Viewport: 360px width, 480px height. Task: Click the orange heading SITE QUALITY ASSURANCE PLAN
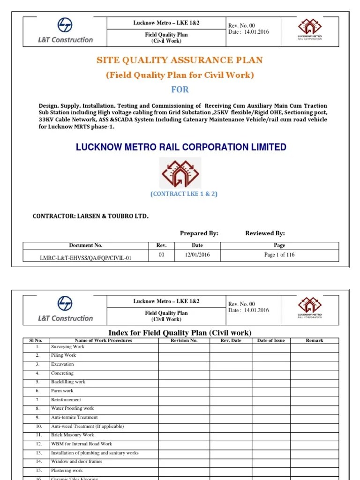pos(180,60)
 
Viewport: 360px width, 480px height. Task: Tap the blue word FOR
pos(180,90)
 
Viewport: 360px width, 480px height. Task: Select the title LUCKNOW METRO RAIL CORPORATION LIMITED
pos(181,147)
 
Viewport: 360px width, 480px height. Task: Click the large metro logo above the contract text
pos(180,172)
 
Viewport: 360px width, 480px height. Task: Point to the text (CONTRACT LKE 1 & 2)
pos(184,194)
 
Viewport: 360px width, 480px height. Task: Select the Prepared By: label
pos(199,233)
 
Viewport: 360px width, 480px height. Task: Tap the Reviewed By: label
pos(265,233)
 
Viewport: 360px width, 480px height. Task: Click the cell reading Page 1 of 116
pos(279,255)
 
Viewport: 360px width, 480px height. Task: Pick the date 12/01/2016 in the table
pos(197,255)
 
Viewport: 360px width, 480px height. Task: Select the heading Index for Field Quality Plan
pos(180,333)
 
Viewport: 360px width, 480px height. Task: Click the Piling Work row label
pos(63,355)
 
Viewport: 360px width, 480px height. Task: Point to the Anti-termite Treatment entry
pos(74,417)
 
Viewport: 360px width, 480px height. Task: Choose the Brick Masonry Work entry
pos(72,435)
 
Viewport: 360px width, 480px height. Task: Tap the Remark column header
pos(315,340)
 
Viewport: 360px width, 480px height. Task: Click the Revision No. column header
pos(184,340)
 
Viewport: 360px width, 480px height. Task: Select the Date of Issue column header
pos(271,340)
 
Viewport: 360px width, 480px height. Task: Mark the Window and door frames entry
pos(76,462)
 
